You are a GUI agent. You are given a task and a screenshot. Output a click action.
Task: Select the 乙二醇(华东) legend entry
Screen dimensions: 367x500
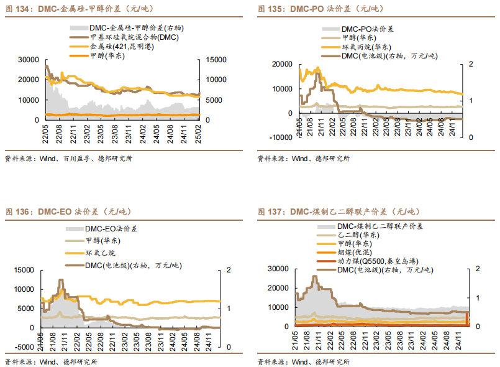click(x=359, y=235)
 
